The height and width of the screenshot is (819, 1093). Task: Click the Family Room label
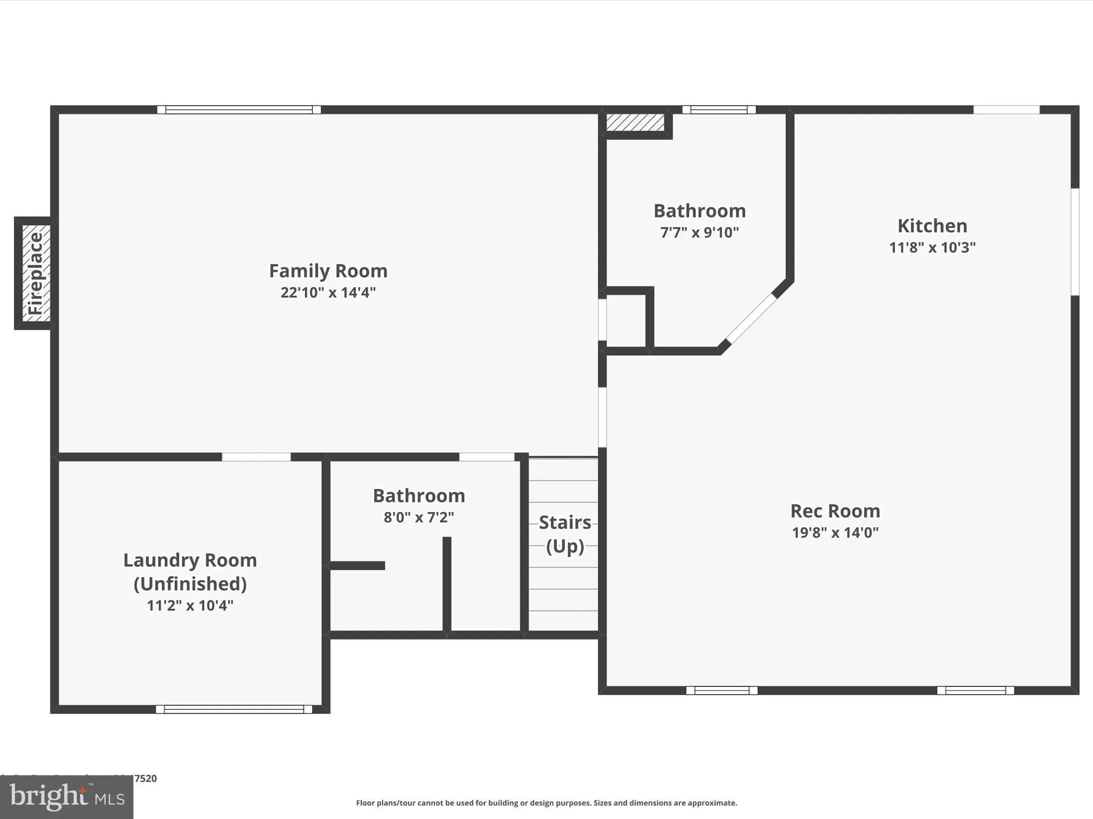point(328,271)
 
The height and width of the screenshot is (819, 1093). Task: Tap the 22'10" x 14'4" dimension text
point(328,292)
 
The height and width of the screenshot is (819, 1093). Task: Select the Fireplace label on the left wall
point(36,273)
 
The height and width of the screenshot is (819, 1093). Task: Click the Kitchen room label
point(932,226)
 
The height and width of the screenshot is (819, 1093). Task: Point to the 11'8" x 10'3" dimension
point(932,247)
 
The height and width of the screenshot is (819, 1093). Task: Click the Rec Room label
point(835,511)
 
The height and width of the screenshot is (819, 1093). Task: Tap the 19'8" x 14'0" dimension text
point(835,533)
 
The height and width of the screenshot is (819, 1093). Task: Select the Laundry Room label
point(190,560)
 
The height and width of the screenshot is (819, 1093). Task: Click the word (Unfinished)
point(190,584)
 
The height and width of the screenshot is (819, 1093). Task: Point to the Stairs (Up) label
point(565,534)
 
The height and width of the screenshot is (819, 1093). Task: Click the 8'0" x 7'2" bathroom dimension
point(418,517)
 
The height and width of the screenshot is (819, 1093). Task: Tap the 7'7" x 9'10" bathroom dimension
point(699,232)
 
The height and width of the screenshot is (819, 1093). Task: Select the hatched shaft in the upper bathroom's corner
point(635,122)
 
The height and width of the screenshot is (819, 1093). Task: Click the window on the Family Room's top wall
point(239,110)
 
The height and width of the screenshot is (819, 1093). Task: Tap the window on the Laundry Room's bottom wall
point(234,709)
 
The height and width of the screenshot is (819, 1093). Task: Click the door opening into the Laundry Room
point(256,457)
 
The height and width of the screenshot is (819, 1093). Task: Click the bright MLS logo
point(67,797)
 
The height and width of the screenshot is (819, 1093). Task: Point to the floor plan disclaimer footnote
point(546,803)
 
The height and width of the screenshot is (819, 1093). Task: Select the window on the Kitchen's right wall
point(1075,242)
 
